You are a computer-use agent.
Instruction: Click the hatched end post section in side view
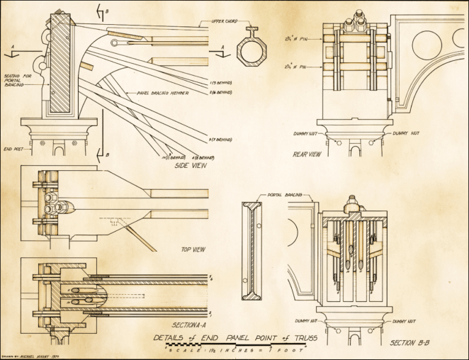click(60, 64)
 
